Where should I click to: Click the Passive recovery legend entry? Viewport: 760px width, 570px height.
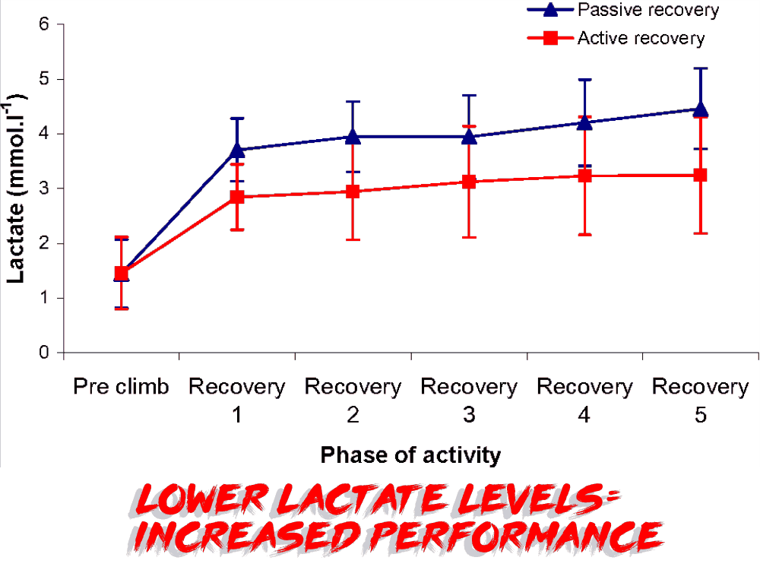646,11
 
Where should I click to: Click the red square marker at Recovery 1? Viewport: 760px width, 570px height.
237,197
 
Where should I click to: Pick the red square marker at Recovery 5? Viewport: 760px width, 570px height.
701,175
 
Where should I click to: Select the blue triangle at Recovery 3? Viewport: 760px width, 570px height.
469,136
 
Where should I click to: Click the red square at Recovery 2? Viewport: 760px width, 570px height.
353,192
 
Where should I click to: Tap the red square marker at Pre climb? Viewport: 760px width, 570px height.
121,273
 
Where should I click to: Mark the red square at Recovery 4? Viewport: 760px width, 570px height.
585,176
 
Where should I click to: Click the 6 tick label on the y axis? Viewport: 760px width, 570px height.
44,24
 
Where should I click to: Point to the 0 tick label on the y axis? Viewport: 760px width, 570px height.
44,353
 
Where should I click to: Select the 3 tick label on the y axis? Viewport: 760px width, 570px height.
44,188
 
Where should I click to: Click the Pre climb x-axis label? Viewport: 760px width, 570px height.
121,387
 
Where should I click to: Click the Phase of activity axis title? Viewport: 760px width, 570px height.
410,455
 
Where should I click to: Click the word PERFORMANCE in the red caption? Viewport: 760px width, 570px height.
517,535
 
